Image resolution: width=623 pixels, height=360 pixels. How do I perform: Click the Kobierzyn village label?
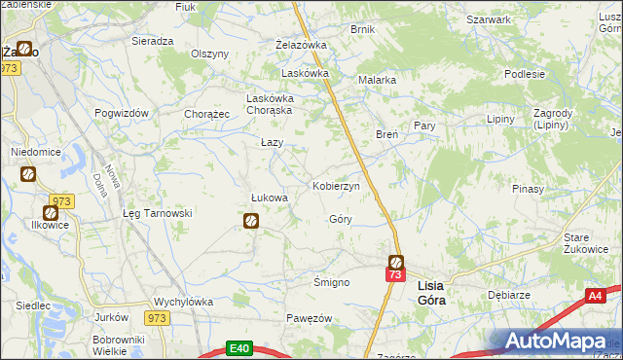coord(336,185)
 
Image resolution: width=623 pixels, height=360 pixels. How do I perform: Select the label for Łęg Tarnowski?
coord(158,213)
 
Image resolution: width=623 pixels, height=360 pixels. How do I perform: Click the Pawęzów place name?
coord(310,318)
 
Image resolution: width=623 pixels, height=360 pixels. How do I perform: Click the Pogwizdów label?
coord(122,113)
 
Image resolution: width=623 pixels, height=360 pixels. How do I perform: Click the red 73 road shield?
coord(394,275)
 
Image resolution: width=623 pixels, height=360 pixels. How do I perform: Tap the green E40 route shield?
coord(239,346)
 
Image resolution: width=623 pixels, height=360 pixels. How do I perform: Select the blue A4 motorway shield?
coord(596,295)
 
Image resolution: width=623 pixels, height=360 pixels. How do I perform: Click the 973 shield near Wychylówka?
coord(157,317)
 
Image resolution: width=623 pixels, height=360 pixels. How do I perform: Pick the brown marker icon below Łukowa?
coord(250,222)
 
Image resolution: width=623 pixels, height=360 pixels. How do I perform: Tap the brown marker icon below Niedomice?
coord(28,174)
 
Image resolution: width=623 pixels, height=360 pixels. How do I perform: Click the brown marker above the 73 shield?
coord(396,261)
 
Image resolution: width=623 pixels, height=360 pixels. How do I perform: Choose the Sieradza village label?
coord(152,42)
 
